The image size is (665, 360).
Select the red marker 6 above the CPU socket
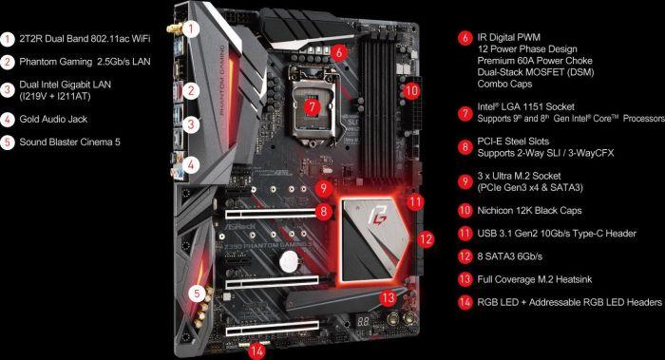coord(338,52)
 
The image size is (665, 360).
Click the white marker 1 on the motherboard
coord(192,28)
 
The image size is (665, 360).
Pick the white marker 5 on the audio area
coord(195,293)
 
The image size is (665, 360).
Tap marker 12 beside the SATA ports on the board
coord(426,238)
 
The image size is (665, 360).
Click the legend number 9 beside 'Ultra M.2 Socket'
coord(465,180)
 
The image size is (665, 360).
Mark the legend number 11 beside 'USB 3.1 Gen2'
coord(465,233)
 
